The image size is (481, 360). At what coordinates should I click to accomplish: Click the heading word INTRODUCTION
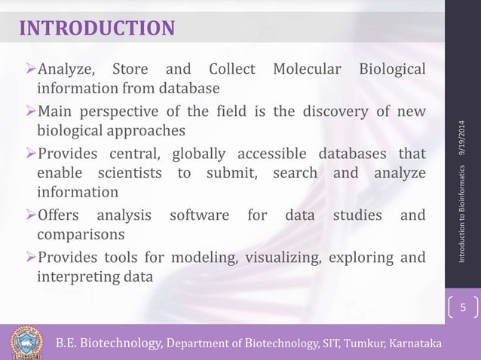pyautogui.click(x=97, y=29)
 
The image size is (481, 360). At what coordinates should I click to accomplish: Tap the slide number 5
pyautogui.click(x=464, y=308)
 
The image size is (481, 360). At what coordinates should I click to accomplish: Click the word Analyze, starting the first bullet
pyautogui.click(x=66, y=72)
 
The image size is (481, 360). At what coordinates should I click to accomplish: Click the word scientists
pyautogui.click(x=125, y=175)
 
